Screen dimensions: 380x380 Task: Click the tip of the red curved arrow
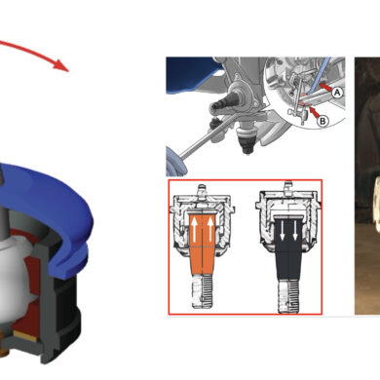coord(68,71)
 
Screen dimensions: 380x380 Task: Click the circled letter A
coord(337,93)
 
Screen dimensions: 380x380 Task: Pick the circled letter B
coord(323,121)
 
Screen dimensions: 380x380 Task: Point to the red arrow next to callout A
coord(325,88)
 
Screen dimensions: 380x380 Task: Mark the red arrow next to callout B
coord(314,112)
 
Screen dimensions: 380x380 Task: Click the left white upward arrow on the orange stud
coord(194,230)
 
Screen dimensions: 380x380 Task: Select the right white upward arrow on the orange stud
coord(210,230)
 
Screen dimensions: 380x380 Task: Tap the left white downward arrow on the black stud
coord(283,232)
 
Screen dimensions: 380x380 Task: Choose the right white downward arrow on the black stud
coord(295,232)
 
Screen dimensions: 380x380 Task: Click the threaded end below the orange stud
coord(202,291)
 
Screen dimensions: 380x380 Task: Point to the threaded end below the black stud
coord(287,296)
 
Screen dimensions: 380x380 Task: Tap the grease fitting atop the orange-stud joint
coord(202,190)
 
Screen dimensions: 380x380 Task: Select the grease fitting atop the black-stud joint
coord(287,187)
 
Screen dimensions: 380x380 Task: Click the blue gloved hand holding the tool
coord(175,161)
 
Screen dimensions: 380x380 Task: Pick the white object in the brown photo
coord(376,204)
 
